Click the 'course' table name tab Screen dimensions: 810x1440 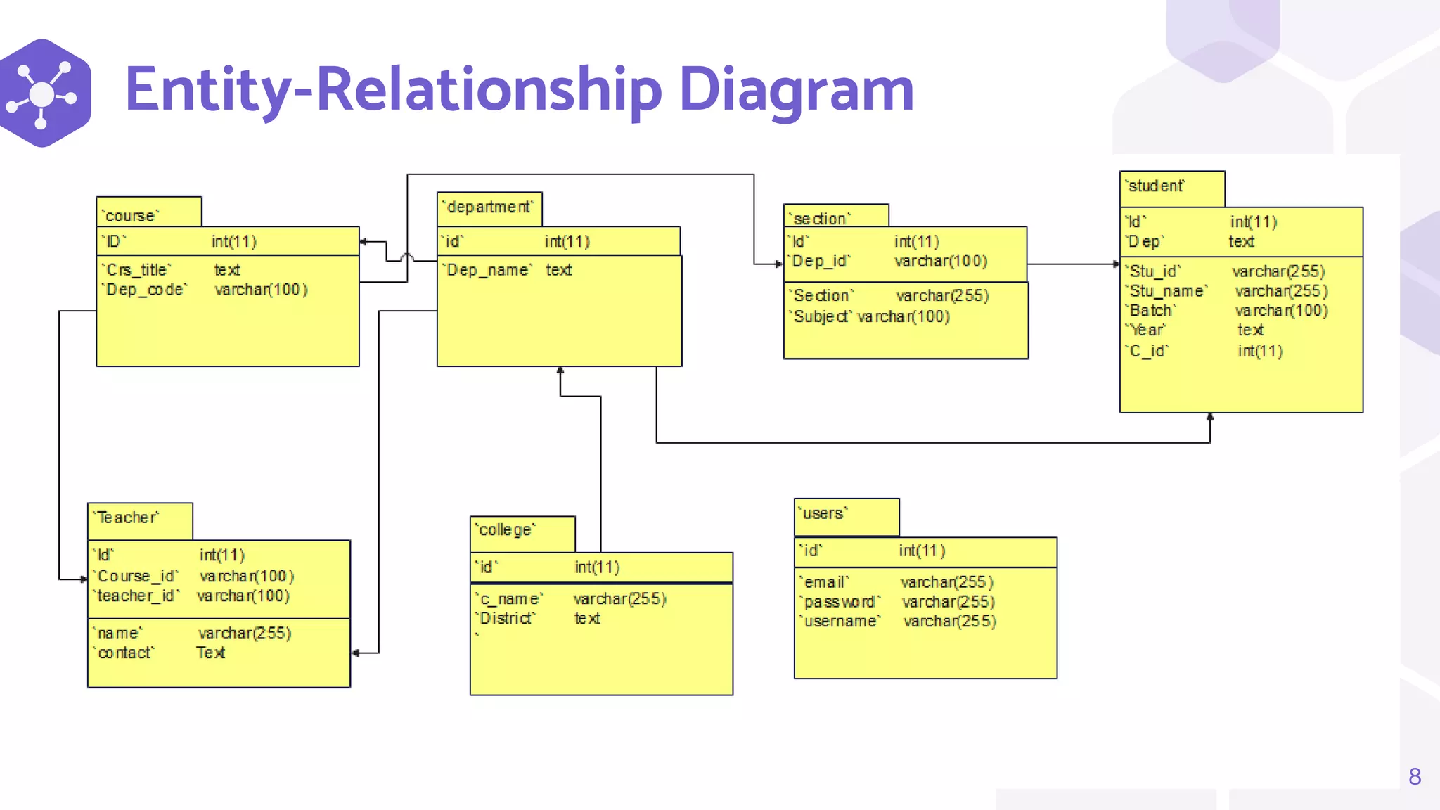pyautogui.click(x=148, y=212)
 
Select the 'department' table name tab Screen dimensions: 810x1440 pyautogui.click(x=489, y=208)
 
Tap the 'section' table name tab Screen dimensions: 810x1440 pyautogui.click(x=835, y=217)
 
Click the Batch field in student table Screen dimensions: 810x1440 pyautogui.click(x=1152, y=311)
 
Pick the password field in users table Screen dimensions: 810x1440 pyautogui.click(x=840, y=602)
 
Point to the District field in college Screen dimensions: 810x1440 pyautogui.click(x=506, y=618)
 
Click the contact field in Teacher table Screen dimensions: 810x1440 pyautogui.click(x=125, y=652)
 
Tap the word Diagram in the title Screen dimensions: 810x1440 pyautogui.click(x=796, y=89)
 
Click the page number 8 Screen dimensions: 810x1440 pyautogui.click(x=1415, y=776)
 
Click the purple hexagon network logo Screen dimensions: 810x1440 pyautogui.click(x=44, y=93)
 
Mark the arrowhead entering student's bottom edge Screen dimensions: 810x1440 pyautogui.click(x=1209, y=418)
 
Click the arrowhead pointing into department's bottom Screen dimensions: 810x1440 pyautogui.click(x=560, y=371)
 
